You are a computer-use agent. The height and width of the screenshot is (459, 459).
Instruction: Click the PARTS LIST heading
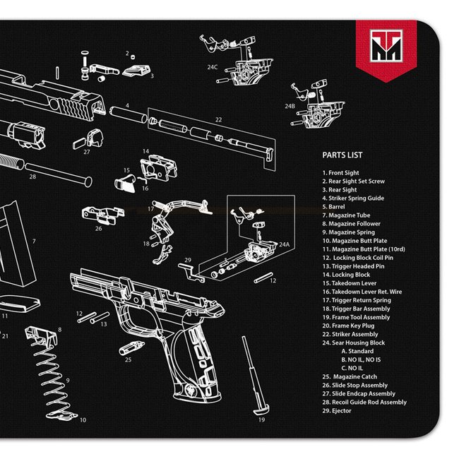[x=342, y=157]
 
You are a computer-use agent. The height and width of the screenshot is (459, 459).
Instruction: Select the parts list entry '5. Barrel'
[x=334, y=207]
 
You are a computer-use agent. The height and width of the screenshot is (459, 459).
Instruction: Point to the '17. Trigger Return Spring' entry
[x=357, y=300]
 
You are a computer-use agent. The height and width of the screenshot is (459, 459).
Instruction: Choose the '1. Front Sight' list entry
[x=340, y=173]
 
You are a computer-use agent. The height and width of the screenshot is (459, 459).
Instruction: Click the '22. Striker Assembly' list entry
[x=350, y=334]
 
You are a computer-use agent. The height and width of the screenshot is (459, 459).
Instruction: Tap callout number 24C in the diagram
[x=212, y=67]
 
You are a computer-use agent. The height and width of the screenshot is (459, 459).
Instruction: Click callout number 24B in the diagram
[x=290, y=106]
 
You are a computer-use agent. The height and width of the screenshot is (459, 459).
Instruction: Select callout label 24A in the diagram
[x=284, y=244]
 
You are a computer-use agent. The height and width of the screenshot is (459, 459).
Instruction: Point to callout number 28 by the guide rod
[x=32, y=177]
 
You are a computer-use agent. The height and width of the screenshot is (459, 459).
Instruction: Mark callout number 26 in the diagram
[x=98, y=228]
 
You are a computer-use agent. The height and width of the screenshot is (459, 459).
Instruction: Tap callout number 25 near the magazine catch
[x=128, y=359]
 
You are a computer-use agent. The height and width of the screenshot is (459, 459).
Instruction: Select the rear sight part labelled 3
[x=137, y=70]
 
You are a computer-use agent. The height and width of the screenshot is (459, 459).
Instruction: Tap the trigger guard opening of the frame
[x=141, y=321]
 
